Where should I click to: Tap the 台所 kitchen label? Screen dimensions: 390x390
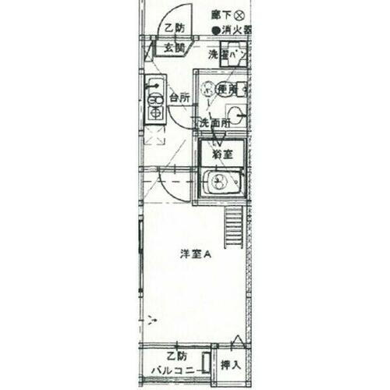179,98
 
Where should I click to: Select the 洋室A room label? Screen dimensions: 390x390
197,254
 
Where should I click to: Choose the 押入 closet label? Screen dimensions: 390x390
229,364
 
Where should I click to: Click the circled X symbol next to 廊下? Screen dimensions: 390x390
239,15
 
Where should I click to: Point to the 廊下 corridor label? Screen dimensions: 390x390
221,15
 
